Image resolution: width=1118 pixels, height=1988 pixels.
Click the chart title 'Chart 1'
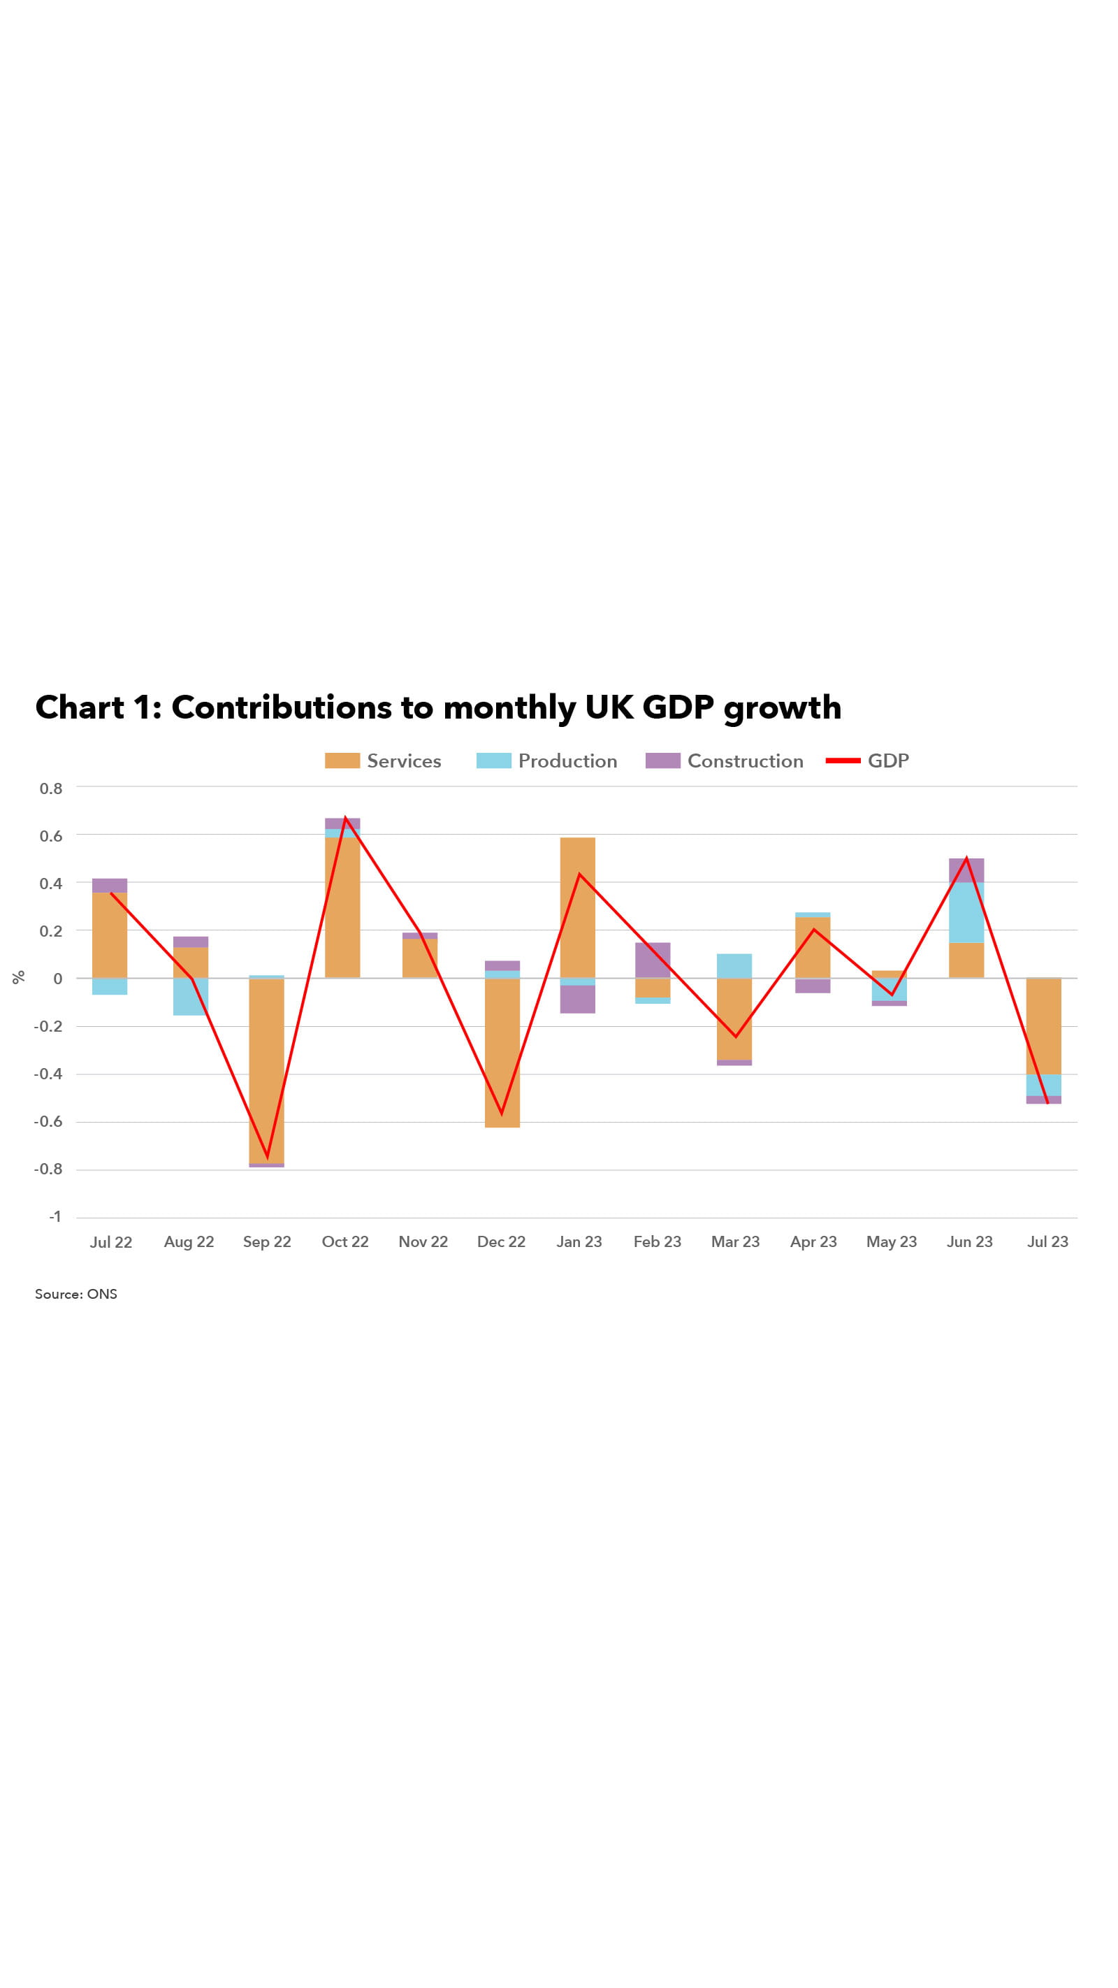pyautogui.click(x=437, y=707)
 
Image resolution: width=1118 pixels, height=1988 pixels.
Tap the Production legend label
pyautogui.click(x=567, y=761)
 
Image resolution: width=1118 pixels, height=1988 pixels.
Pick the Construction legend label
pyautogui.click(x=745, y=761)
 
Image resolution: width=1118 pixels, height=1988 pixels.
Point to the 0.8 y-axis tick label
pyautogui.click(x=51, y=788)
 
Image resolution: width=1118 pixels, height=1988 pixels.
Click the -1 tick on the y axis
pyautogui.click(x=55, y=1216)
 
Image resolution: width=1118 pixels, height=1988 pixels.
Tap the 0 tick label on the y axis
pyautogui.click(x=57, y=979)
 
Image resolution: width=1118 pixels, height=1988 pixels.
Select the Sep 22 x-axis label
pyautogui.click(x=267, y=1241)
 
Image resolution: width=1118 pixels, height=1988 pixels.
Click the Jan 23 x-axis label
pyautogui.click(x=579, y=1241)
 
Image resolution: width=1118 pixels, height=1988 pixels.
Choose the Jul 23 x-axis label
pyautogui.click(x=1047, y=1241)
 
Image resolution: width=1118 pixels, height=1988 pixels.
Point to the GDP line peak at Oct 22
pyautogui.click(x=345, y=817)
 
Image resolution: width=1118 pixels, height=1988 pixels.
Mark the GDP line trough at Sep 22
pyautogui.click(x=267, y=1157)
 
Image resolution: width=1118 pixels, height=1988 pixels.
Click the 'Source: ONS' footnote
pyautogui.click(x=75, y=1294)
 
